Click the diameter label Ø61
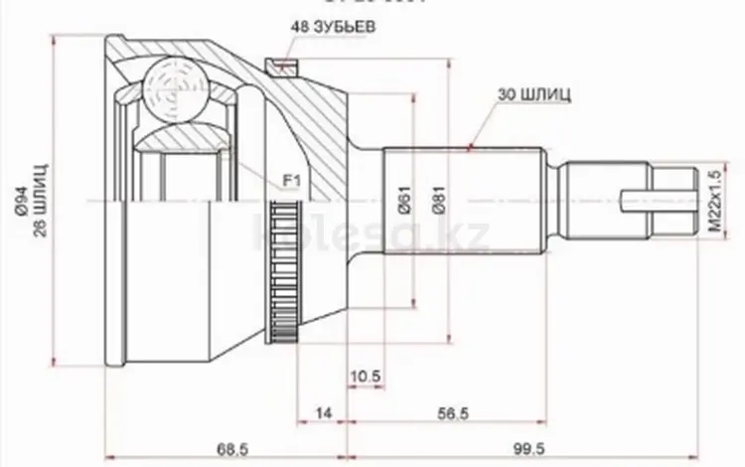406,204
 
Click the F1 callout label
291,181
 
